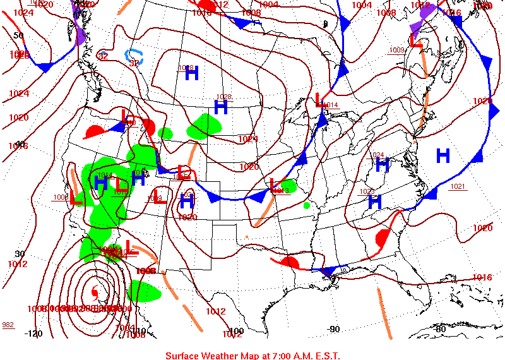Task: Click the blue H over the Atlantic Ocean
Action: point(443,155)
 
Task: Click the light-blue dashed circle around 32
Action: point(134,57)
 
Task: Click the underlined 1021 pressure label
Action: point(458,186)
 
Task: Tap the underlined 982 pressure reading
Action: point(8,325)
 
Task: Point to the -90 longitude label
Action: point(334,328)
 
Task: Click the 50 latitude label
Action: point(18,35)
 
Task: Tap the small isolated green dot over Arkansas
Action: point(307,205)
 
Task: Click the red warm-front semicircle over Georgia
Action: point(383,239)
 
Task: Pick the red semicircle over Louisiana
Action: point(290,262)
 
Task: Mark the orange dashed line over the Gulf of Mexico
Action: point(384,313)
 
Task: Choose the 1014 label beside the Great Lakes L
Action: point(330,105)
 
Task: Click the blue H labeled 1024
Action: point(382,165)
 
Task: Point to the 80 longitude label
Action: point(441,328)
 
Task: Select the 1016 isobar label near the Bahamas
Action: point(482,277)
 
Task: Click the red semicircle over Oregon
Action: point(95,131)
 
